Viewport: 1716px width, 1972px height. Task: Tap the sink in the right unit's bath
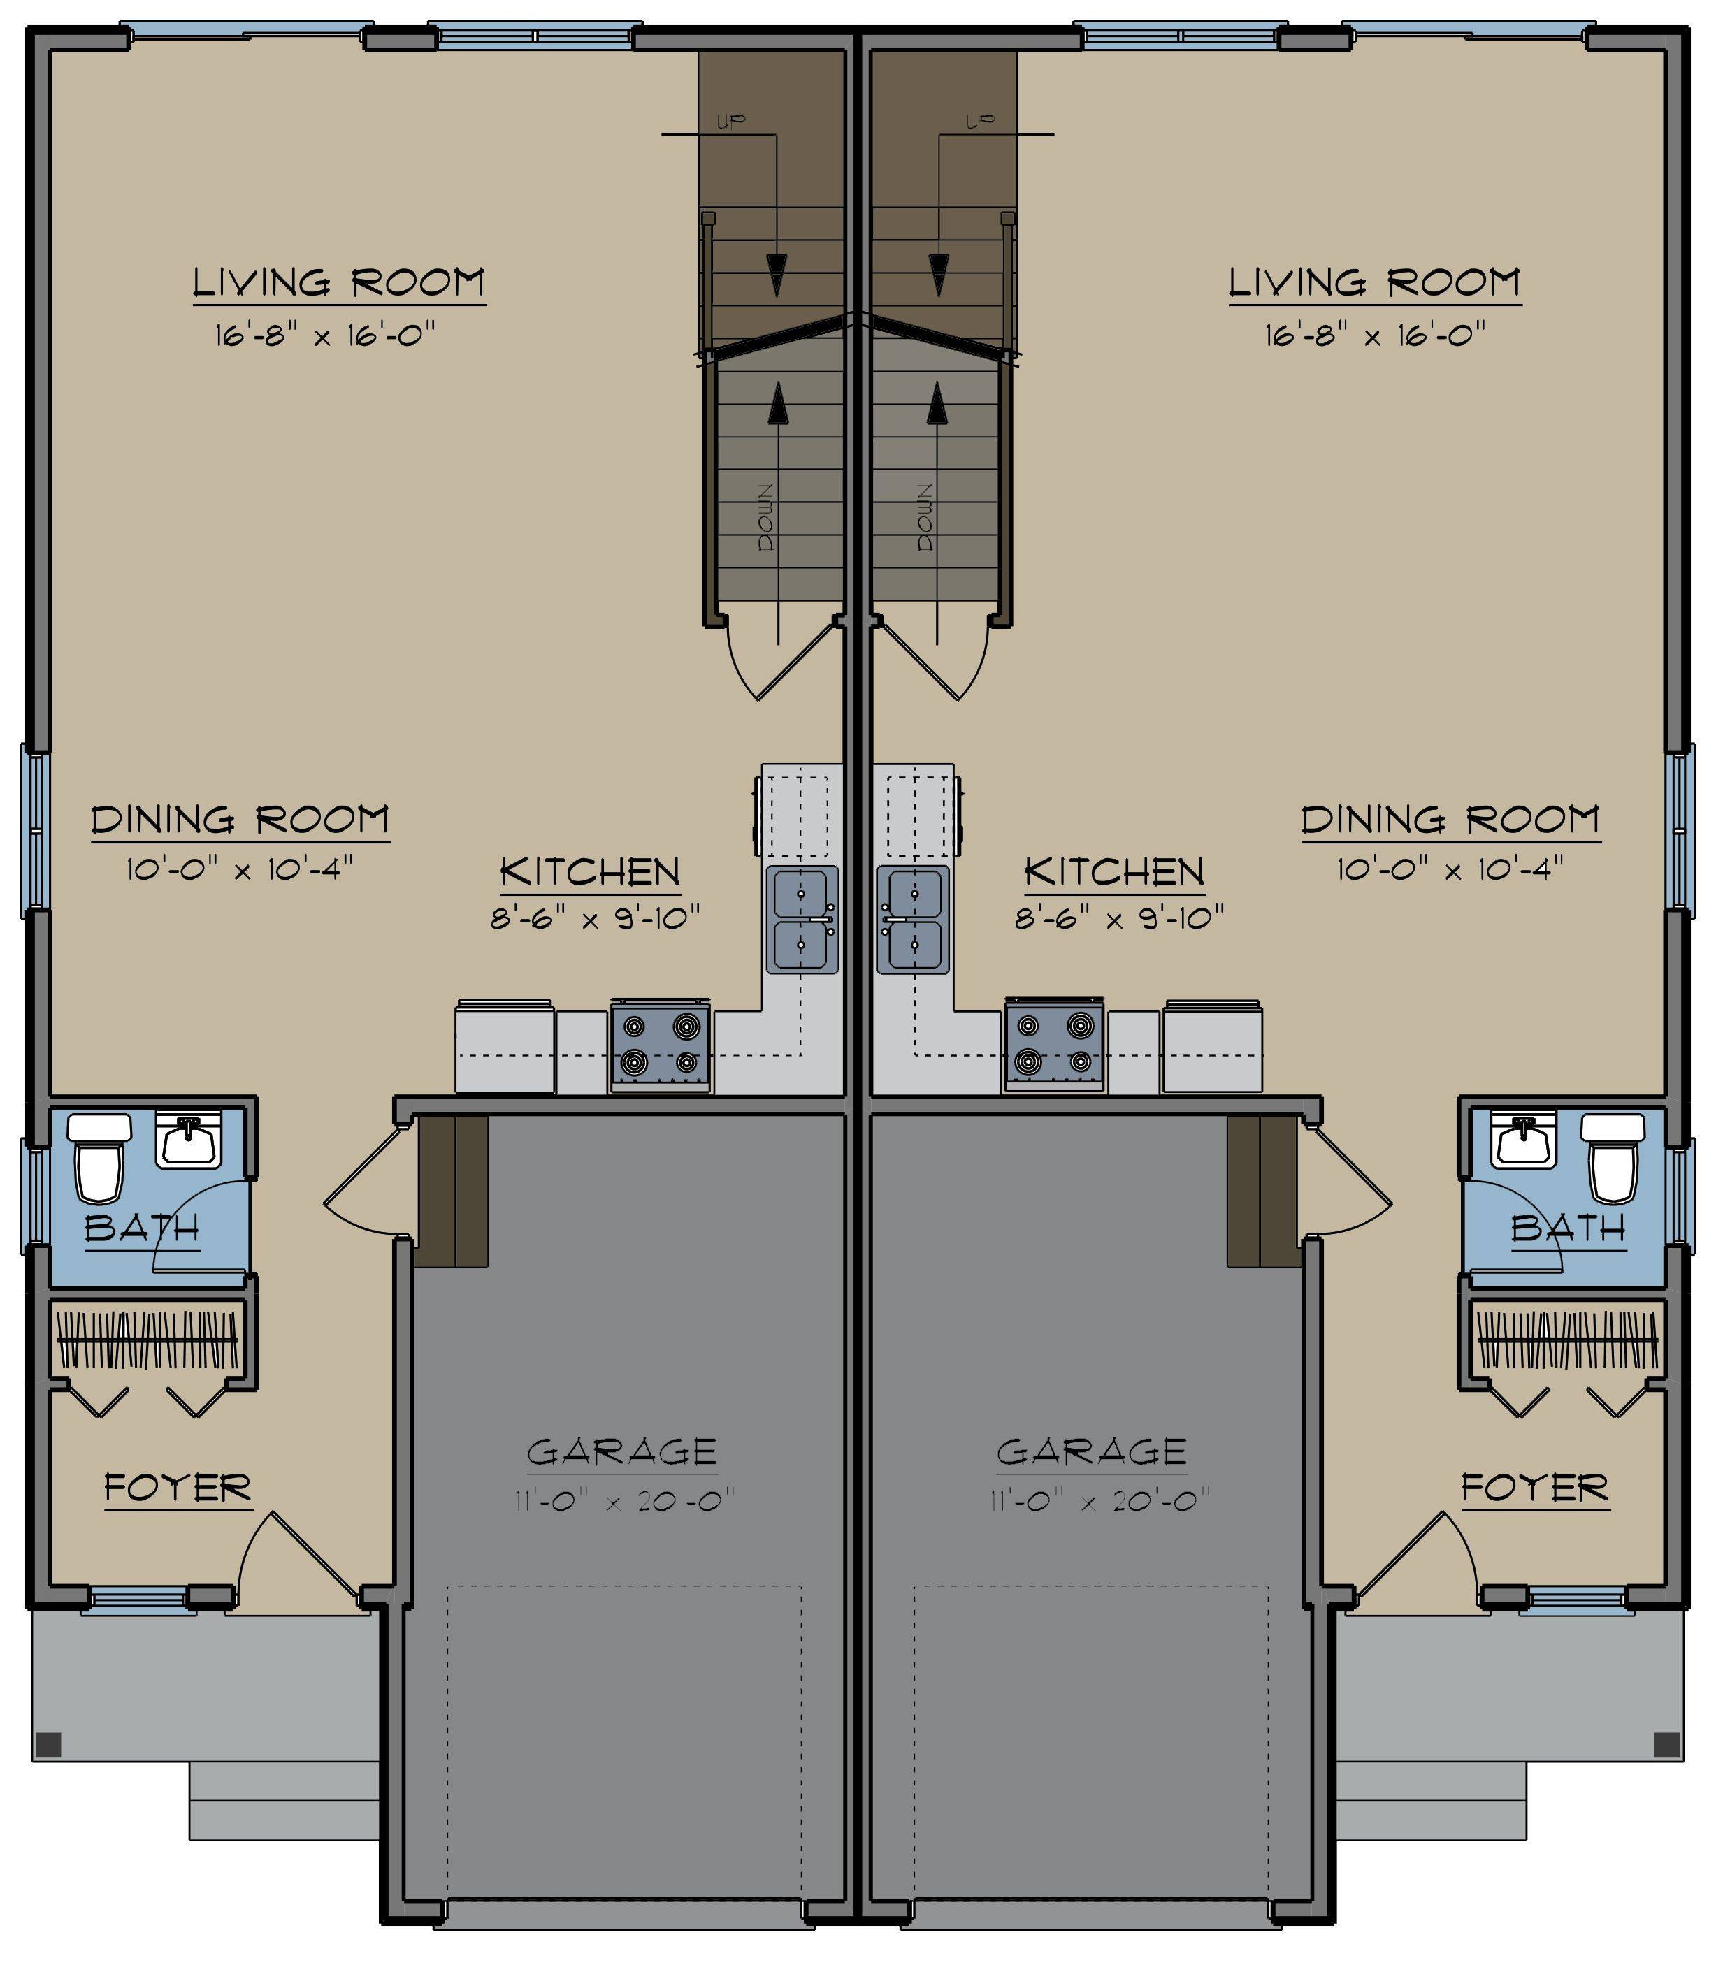(1527, 1141)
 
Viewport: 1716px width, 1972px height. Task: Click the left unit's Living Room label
(339, 282)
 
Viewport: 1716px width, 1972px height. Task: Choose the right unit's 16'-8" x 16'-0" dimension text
(1375, 335)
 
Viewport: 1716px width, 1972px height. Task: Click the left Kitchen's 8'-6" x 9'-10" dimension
(596, 919)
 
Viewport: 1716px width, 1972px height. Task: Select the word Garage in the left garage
(621, 1451)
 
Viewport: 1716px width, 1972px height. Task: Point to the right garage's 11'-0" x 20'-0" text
(1100, 1500)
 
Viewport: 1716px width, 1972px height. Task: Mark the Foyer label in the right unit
(1535, 1488)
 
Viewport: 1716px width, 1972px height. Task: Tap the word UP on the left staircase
(730, 121)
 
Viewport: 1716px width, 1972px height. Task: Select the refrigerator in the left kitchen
(505, 1046)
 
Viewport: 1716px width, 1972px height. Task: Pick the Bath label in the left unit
(142, 1227)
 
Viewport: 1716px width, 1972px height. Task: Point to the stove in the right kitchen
(1054, 1046)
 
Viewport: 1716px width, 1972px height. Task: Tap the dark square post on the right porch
(1667, 1744)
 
